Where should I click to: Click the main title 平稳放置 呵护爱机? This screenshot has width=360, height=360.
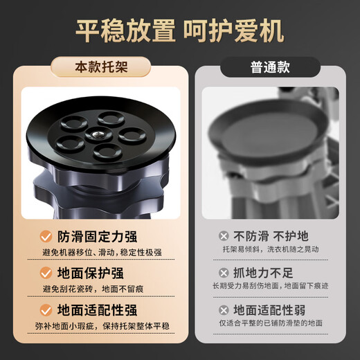pyautogui.click(x=180, y=30)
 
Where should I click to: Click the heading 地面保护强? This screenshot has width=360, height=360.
pyautogui.click(x=90, y=273)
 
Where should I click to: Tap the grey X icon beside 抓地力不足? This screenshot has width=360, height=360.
pyautogui.click(x=224, y=273)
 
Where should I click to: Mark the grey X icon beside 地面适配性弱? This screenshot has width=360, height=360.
pyautogui.click(x=224, y=310)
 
